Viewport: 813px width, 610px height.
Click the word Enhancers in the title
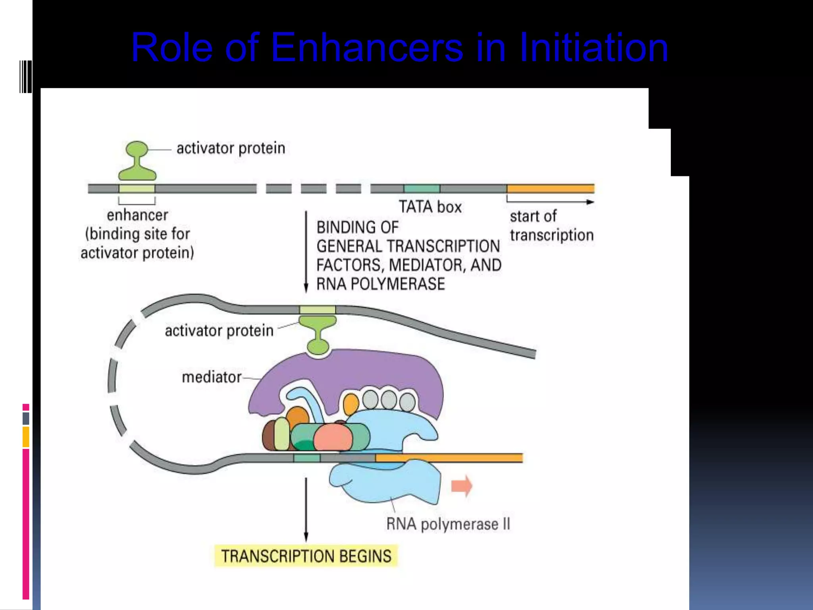tap(367, 48)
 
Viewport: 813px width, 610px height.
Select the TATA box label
tap(430, 207)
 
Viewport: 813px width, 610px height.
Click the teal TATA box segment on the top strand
tap(422, 188)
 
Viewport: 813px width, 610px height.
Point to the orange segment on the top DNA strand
tap(550, 188)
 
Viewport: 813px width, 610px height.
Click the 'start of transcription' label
tap(551, 226)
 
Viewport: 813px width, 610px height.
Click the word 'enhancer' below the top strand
tap(137, 215)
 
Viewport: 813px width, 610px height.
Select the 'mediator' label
tap(211, 377)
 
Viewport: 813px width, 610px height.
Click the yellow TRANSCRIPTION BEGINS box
tap(306, 556)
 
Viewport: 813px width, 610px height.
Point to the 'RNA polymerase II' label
tap(448, 524)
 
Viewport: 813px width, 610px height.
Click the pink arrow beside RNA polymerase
tap(462, 486)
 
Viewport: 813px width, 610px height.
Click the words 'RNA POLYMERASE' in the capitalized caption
tap(380, 284)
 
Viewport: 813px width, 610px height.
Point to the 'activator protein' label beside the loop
tap(219, 330)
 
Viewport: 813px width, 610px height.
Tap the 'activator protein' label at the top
tap(231, 148)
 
